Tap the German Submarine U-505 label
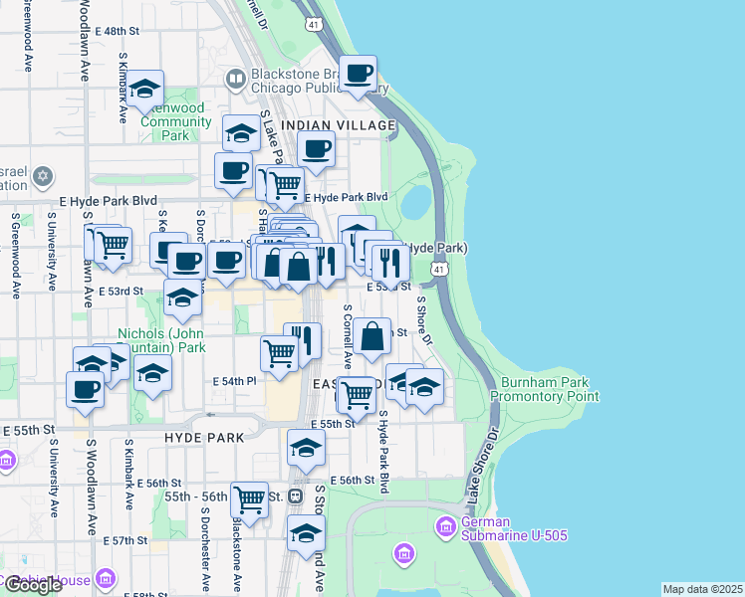514,528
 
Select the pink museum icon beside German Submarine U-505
445,525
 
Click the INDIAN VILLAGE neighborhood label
339,125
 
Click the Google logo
32,585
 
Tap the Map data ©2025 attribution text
702,589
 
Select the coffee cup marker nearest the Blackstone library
358,73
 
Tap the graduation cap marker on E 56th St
306,447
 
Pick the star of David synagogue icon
41,177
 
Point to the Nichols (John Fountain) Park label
162,340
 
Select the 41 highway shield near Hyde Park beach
438,269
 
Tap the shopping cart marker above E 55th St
356,394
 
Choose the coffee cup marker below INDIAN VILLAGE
316,150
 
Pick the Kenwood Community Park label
175,121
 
